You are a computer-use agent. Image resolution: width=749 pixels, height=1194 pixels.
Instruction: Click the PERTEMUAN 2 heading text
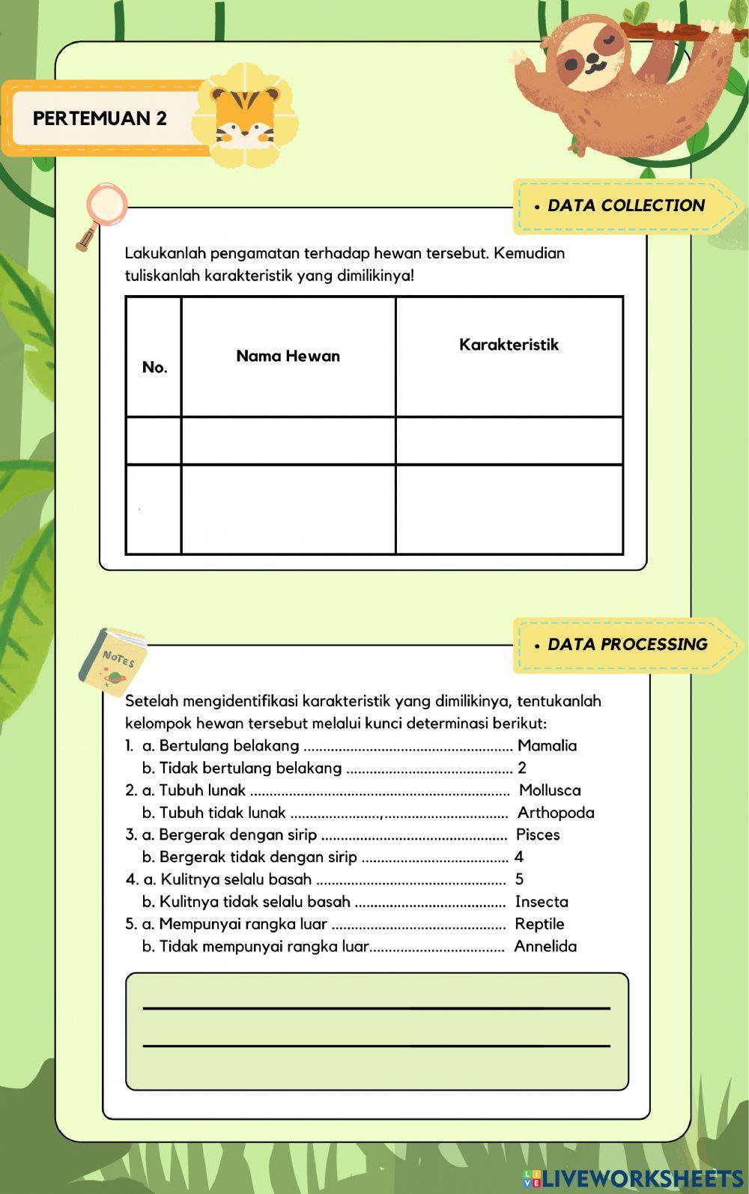pos(100,118)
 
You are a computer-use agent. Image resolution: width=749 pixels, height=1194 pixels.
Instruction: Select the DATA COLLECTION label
pos(625,206)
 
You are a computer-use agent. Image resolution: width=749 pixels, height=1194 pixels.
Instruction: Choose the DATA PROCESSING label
pos(627,645)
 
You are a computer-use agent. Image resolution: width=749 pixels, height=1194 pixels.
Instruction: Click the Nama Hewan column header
pos(288,357)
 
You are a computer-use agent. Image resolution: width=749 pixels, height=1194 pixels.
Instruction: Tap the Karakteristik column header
pos(509,345)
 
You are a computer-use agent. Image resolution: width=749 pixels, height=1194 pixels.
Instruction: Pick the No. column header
pos(154,368)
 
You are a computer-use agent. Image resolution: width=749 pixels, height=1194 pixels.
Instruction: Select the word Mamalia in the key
pos(547,746)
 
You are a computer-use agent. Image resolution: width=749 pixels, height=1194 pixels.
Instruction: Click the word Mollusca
pos(550,790)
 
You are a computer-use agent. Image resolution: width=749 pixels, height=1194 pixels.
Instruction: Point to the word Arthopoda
pos(556,813)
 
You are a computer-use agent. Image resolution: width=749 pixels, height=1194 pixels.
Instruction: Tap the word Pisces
pos(538,835)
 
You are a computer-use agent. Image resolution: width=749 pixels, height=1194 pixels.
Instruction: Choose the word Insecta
pos(542,902)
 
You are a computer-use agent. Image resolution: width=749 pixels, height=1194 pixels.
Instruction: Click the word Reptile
pos(539,924)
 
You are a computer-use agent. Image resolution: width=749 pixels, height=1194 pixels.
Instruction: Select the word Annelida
pos(545,947)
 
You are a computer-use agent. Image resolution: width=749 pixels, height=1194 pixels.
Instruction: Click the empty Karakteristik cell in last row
pos(509,509)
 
